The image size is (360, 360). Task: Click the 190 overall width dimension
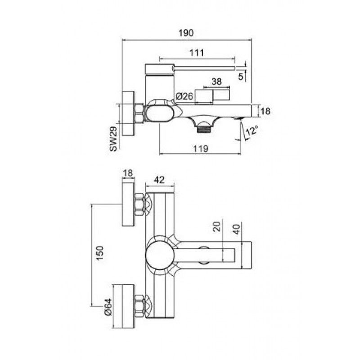click(186, 33)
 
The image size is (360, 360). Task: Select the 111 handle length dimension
click(197, 53)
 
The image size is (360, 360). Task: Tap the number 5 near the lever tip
click(240, 76)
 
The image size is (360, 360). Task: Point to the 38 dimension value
click(216, 81)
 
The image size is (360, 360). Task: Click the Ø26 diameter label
click(184, 96)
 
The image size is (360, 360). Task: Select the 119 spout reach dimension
click(201, 148)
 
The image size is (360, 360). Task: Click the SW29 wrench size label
click(113, 139)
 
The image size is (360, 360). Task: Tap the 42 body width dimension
click(159, 180)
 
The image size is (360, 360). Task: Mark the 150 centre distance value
click(100, 253)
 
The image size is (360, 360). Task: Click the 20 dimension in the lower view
click(217, 226)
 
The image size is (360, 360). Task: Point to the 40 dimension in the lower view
click(237, 229)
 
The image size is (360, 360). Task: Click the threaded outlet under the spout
click(204, 130)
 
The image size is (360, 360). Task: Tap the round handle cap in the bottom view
click(160, 255)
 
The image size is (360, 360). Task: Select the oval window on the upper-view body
click(159, 113)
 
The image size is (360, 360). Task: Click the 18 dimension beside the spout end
click(265, 111)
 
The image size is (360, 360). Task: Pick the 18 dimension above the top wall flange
click(128, 173)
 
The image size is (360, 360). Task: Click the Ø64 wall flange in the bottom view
click(123, 306)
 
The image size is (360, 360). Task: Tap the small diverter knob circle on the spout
click(204, 255)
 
